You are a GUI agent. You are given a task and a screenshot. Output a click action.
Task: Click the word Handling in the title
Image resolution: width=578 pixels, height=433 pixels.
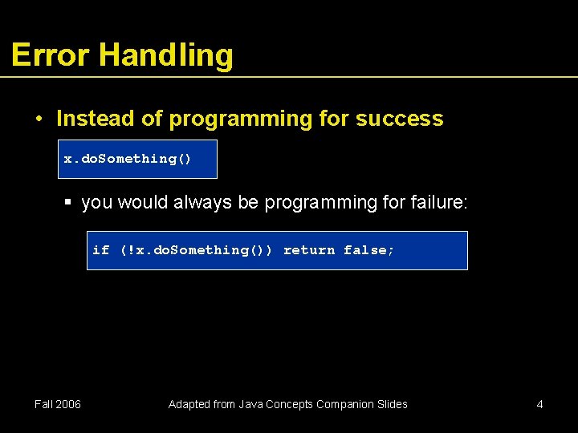166,55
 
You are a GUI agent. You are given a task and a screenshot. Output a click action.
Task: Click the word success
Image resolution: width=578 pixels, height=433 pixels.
399,119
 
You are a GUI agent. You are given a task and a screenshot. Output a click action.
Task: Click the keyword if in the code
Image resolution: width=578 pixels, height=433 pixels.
100,250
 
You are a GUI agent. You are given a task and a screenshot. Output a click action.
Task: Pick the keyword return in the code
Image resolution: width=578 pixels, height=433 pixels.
309,250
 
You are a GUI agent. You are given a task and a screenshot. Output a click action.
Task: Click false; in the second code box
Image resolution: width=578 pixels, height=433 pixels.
369,250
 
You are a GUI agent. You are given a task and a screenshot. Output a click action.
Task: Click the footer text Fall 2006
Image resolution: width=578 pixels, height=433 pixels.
58,404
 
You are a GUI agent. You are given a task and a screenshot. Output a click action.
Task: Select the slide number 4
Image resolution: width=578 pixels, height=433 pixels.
539,404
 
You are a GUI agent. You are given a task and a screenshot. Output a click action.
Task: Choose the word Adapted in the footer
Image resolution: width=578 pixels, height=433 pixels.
189,404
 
